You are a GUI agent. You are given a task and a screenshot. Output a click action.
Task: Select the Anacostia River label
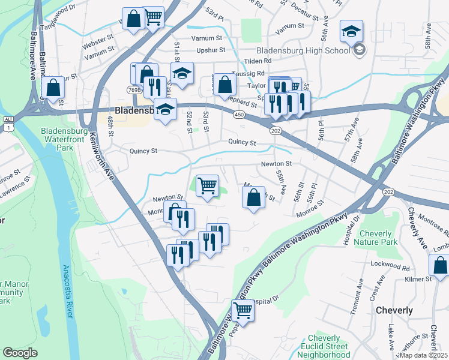70,288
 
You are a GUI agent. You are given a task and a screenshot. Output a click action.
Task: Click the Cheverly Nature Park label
378,238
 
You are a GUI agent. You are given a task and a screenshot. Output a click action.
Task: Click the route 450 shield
238,113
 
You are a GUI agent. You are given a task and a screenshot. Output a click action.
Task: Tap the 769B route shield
134,90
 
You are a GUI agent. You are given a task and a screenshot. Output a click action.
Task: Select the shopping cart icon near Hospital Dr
243,310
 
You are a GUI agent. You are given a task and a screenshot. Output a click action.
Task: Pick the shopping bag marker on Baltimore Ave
53,88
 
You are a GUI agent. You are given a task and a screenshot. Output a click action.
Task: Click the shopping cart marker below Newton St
207,185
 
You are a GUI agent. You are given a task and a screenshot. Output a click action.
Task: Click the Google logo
20,353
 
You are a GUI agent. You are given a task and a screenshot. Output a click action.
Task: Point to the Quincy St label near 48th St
143,151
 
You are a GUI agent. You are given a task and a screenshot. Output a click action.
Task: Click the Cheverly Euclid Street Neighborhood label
328,347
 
